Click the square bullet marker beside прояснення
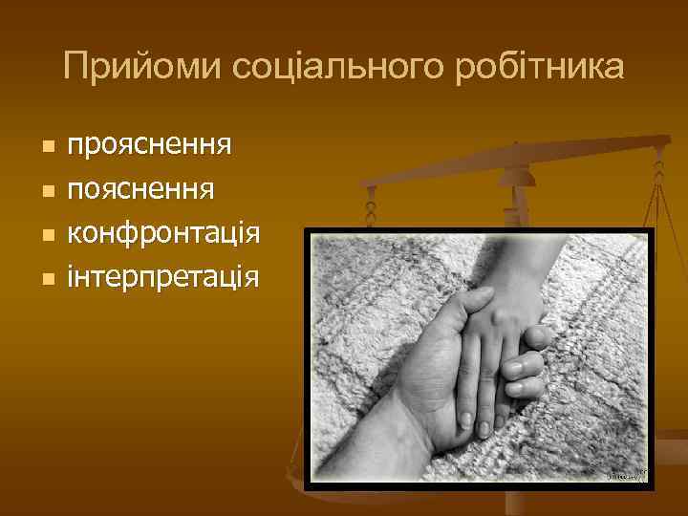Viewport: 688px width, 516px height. coord(47,147)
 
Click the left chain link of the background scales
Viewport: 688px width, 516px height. coord(371,205)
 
